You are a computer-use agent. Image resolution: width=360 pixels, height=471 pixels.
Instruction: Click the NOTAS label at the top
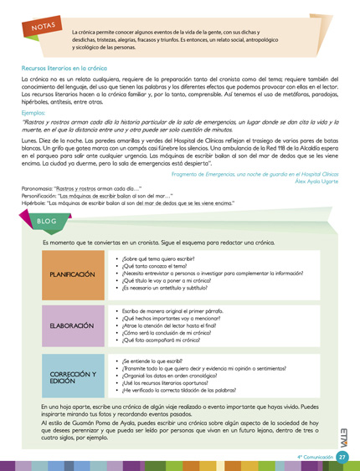pyautogui.click(x=42, y=28)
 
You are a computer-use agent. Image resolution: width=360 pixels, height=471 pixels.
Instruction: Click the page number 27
pyautogui.click(x=342, y=458)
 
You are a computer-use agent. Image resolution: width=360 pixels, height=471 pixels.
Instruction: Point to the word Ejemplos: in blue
pyautogui.click(x=35, y=110)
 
